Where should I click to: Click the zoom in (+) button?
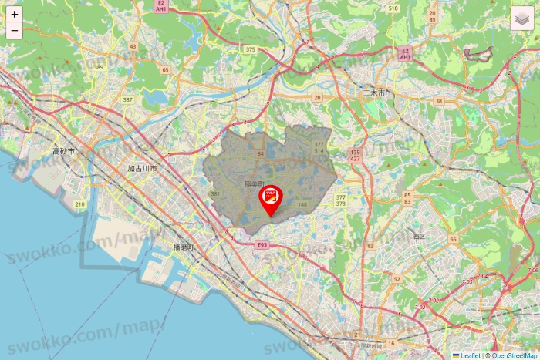click(x=14, y=14)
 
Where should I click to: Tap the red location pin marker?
click(x=270, y=201)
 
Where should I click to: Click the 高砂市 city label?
click(x=63, y=151)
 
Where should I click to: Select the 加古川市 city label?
click(x=142, y=168)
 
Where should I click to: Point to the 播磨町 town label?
click(x=184, y=247)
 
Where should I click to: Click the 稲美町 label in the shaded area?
click(x=254, y=183)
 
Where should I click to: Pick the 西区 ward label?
click(x=419, y=236)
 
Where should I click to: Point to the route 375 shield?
click(x=250, y=49)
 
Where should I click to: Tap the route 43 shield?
click(x=133, y=46)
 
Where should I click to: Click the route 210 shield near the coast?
click(x=79, y=204)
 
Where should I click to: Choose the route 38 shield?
click(x=438, y=101)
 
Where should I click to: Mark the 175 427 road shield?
click(x=355, y=157)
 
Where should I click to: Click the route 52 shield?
click(x=397, y=279)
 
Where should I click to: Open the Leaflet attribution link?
click(x=470, y=355)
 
